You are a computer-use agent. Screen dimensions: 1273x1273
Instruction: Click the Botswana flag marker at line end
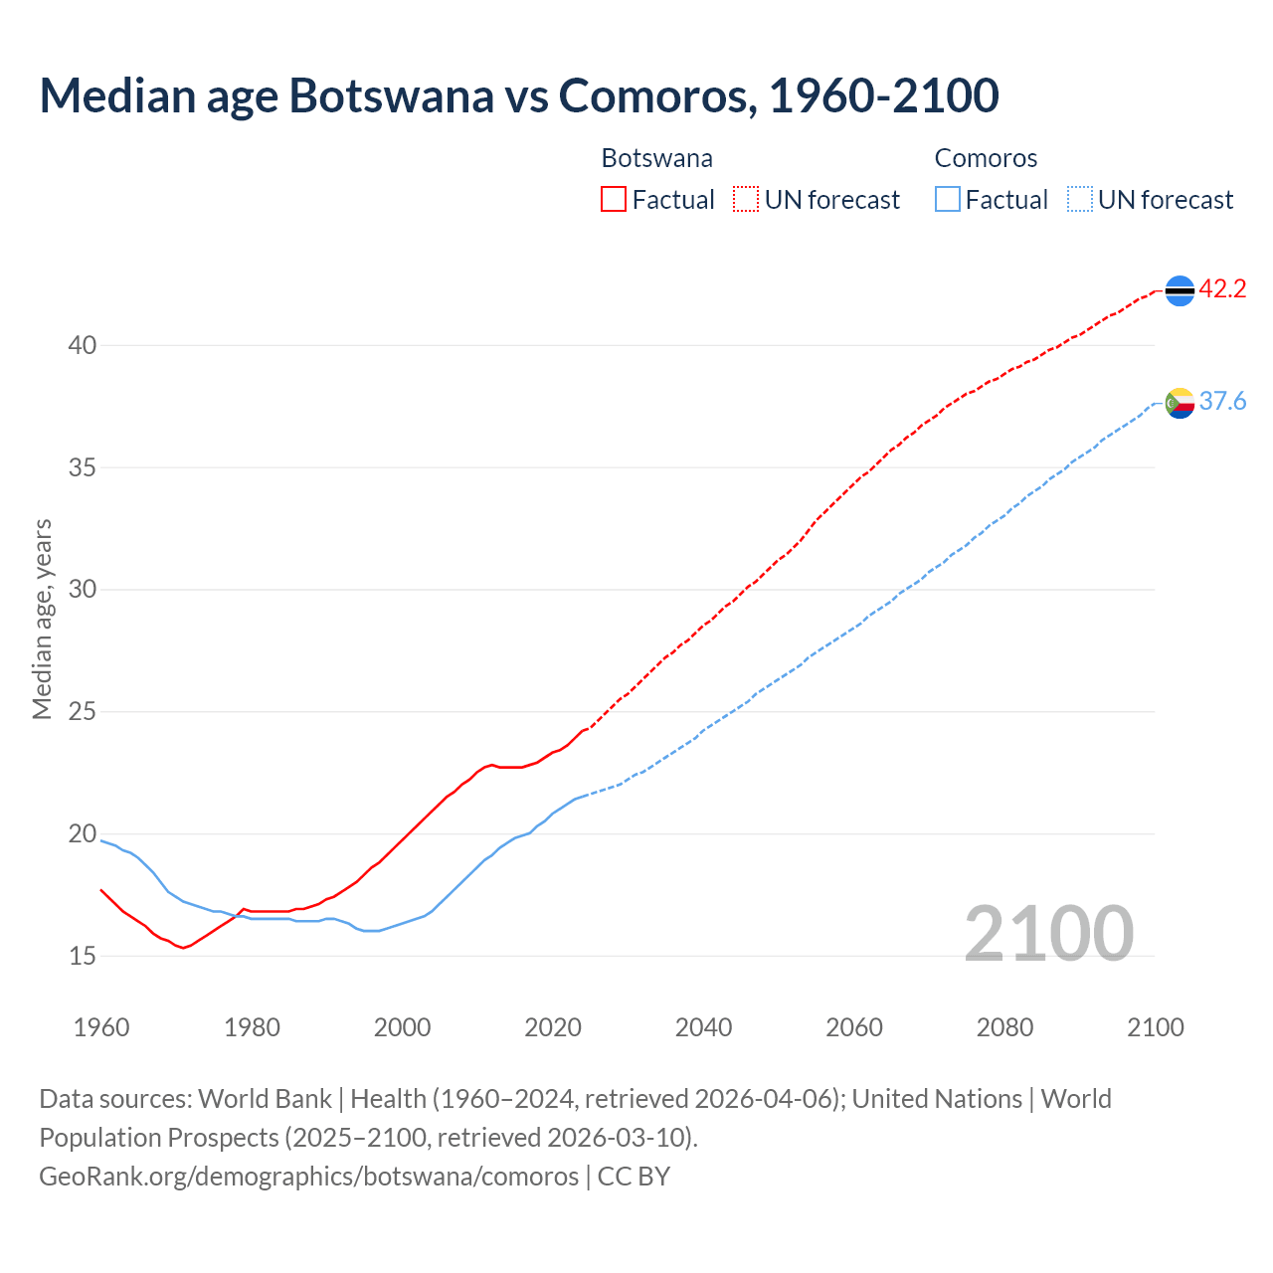[1180, 290]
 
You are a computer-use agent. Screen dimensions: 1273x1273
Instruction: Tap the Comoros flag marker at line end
[1180, 403]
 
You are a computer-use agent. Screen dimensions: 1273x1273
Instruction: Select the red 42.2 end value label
[1222, 289]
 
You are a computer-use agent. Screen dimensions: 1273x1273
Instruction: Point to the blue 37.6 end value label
[1222, 402]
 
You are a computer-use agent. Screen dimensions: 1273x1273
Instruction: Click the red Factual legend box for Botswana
[614, 200]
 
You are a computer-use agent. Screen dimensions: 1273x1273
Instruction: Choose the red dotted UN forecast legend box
[746, 200]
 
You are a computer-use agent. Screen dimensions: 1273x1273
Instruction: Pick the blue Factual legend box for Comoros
[948, 200]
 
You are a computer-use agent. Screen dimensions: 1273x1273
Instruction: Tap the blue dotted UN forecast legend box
[1079, 200]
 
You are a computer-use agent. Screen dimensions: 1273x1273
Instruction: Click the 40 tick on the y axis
[82, 346]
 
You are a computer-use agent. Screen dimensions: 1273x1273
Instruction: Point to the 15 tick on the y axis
[82, 957]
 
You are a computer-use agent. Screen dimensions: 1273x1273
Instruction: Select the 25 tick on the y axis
[82, 712]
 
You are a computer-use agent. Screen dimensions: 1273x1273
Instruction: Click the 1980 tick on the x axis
[252, 1027]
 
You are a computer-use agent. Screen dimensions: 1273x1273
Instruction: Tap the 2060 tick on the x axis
[854, 1027]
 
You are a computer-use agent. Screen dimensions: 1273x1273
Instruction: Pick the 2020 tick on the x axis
[553, 1027]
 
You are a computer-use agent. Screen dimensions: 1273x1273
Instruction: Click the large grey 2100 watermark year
[1049, 934]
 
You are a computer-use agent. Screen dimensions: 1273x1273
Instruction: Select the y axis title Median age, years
[42, 619]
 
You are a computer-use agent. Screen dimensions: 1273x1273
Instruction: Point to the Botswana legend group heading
[657, 159]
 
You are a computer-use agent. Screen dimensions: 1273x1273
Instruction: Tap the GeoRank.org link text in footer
[308, 1177]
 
